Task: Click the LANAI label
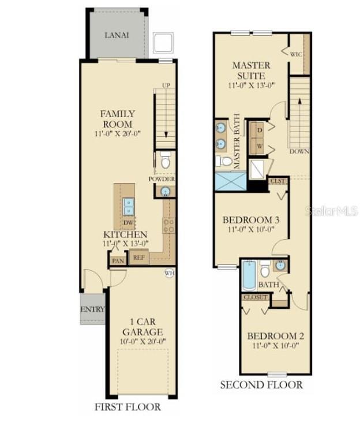[117, 35]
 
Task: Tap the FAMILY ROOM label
[118, 119]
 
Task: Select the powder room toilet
[166, 162]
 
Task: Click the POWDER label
[162, 179]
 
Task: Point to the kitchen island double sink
[128, 206]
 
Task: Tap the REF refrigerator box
[138, 258]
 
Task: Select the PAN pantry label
[118, 261]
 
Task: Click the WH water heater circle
[169, 272]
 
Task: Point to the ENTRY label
[92, 309]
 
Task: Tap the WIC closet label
[296, 54]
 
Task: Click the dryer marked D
[259, 130]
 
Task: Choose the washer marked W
[259, 146]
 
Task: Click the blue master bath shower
[231, 180]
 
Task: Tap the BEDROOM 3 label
[252, 220]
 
